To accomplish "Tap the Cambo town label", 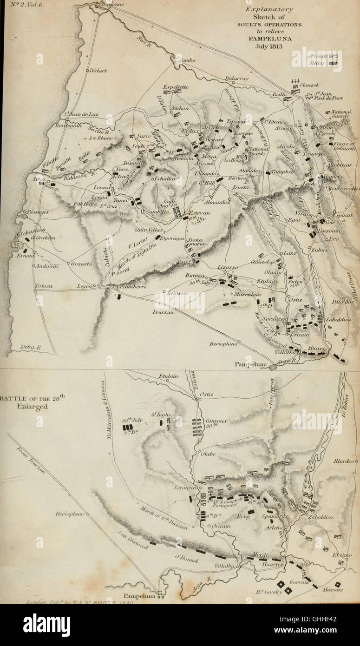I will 182,60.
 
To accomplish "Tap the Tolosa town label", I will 43,286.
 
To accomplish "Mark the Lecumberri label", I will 133,288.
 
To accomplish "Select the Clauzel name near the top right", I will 309,86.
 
